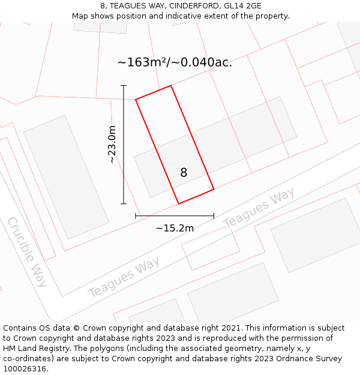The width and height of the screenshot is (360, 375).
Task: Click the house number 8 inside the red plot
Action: point(184,173)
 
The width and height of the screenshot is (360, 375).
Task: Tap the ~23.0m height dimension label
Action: point(112,145)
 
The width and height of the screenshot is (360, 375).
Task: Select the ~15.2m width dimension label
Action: point(175,228)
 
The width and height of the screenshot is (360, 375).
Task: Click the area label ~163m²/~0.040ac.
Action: point(175,62)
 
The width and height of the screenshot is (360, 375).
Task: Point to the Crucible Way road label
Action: point(27,252)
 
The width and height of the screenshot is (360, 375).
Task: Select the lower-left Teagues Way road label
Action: point(124,277)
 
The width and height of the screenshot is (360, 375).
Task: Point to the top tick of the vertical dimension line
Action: point(124,86)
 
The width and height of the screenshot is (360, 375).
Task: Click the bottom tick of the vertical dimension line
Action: point(124,204)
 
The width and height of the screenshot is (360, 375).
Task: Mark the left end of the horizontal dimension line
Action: point(136,215)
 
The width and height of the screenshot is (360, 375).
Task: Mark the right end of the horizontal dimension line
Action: point(214,215)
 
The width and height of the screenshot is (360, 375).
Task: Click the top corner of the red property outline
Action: point(171,86)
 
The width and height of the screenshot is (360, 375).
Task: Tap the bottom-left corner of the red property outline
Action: point(179,203)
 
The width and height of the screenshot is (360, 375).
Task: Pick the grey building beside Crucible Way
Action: point(66,177)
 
